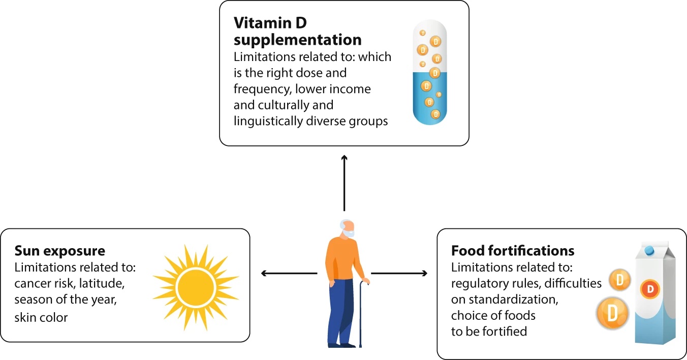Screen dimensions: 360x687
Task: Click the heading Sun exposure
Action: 59,251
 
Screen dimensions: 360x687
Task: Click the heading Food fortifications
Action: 513,251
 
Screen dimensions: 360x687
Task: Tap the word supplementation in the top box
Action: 297,39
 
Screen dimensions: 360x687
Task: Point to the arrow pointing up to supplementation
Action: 344,183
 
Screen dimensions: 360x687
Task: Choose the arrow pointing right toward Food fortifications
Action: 399,274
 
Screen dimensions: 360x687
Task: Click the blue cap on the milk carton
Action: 650,250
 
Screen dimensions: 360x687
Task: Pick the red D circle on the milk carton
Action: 650,289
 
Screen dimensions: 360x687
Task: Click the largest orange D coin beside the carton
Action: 612,313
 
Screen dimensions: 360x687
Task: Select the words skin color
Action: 41,318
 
